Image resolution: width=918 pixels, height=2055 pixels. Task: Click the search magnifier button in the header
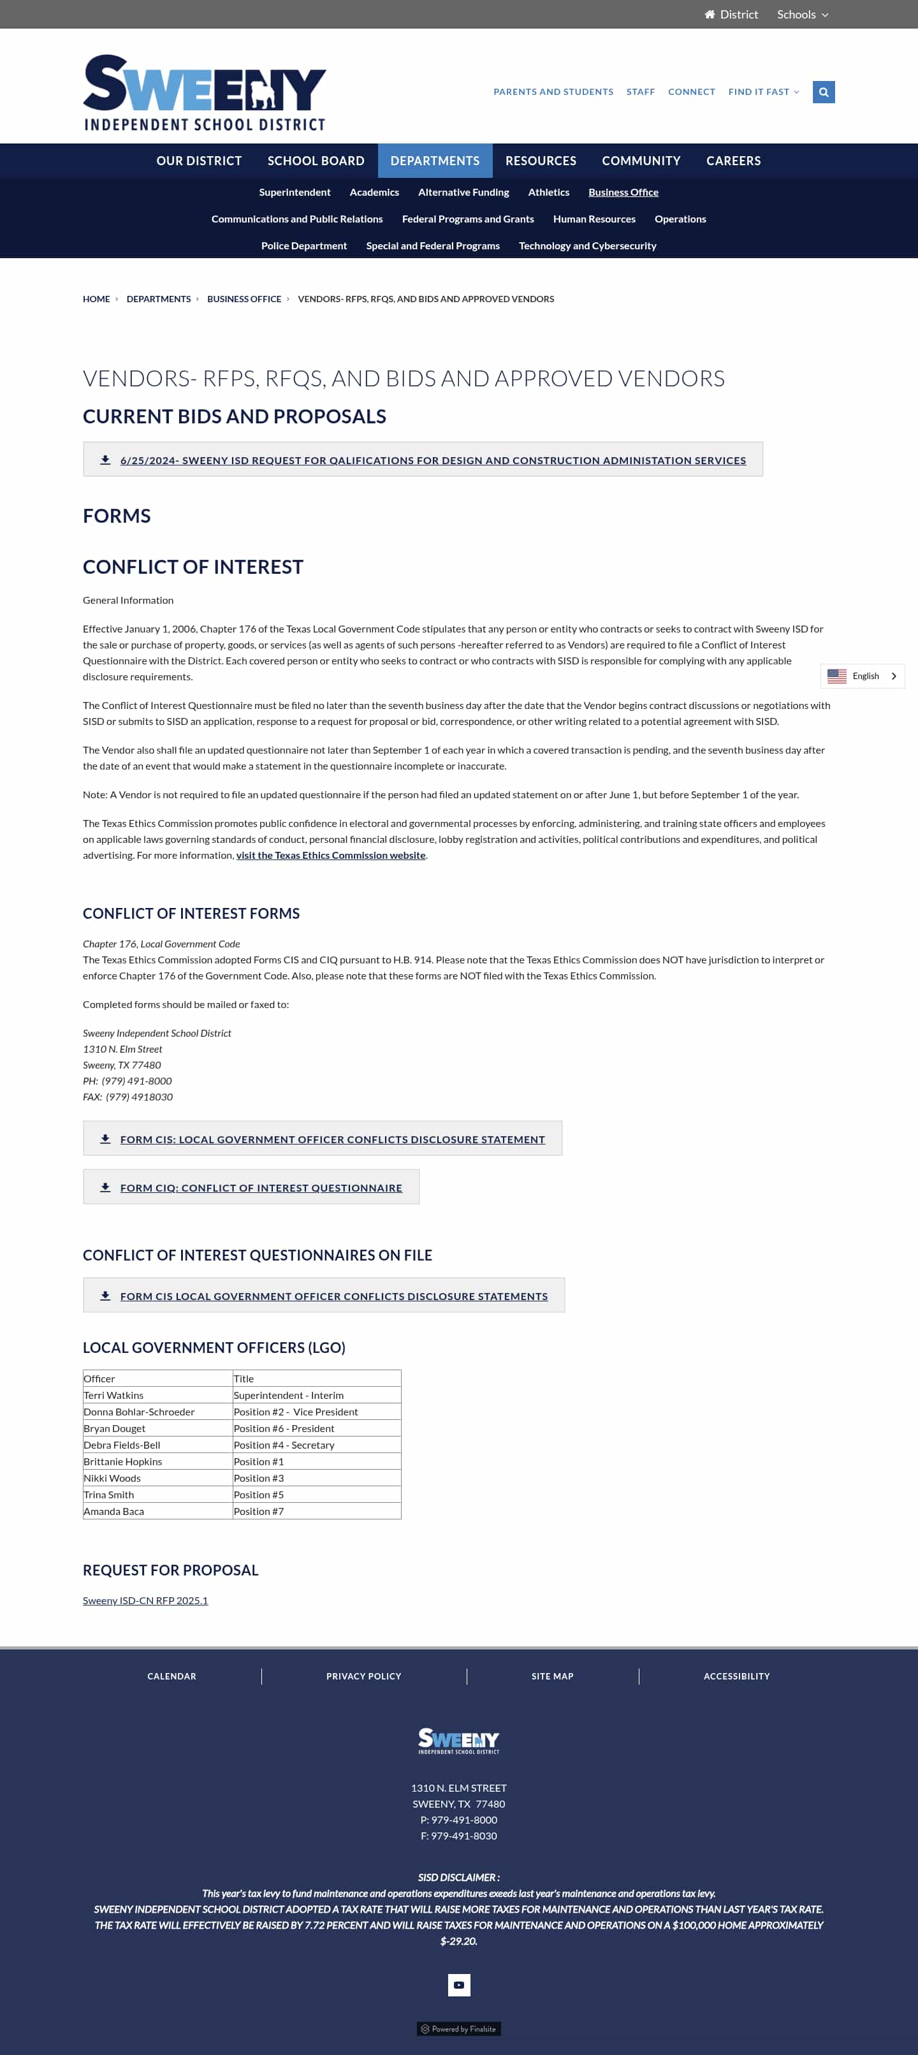[x=823, y=92]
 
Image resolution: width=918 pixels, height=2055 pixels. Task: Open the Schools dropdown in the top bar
[x=803, y=15]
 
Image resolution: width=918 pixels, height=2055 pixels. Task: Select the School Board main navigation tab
[x=316, y=160]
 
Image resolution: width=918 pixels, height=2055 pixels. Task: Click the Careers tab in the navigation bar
[x=733, y=160]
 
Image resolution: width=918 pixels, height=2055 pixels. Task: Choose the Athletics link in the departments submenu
[x=548, y=193]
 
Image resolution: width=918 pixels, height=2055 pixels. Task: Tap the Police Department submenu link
[x=304, y=245]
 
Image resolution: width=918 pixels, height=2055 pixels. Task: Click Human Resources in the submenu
[x=594, y=219]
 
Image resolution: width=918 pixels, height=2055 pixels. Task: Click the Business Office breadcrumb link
[x=244, y=299]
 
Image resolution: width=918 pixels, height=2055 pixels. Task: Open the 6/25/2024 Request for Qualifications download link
[x=432, y=460]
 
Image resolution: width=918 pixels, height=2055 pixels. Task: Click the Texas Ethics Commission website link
[x=330, y=855]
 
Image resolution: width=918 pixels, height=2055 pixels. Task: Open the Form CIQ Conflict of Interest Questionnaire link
[x=261, y=1188]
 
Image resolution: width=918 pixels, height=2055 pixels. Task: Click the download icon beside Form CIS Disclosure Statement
[x=105, y=1139]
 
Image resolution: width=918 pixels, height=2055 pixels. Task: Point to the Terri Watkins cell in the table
[x=114, y=1395]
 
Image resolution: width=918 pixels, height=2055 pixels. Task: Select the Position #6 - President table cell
[x=284, y=1428]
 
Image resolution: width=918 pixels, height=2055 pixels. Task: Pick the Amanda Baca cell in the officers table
[x=114, y=1511]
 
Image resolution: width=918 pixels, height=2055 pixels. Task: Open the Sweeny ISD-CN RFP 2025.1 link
[x=145, y=1600]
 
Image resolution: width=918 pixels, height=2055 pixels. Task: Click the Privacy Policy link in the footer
[x=363, y=1676]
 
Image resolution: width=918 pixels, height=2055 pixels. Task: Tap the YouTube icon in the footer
[x=458, y=1985]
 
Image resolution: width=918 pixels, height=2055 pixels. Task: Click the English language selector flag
[x=836, y=676]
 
